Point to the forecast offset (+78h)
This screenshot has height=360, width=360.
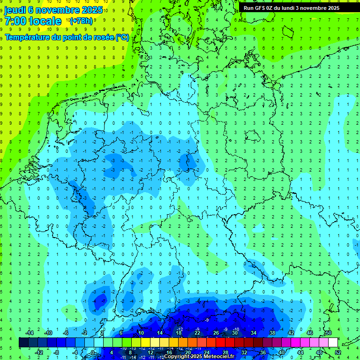pos(81,21)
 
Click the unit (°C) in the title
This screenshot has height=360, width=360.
pos(123,37)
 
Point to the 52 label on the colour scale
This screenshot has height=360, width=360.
pos(338,352)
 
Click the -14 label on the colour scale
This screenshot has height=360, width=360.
pos(29,333)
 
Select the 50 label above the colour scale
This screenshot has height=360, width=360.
pos(329,333)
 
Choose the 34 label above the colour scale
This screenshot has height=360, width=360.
pos(253,333)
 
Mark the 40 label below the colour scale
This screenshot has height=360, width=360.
pos(281,352)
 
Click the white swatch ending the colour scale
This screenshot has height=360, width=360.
pos(333,343)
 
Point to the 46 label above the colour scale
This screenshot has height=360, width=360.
pos(309,333)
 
